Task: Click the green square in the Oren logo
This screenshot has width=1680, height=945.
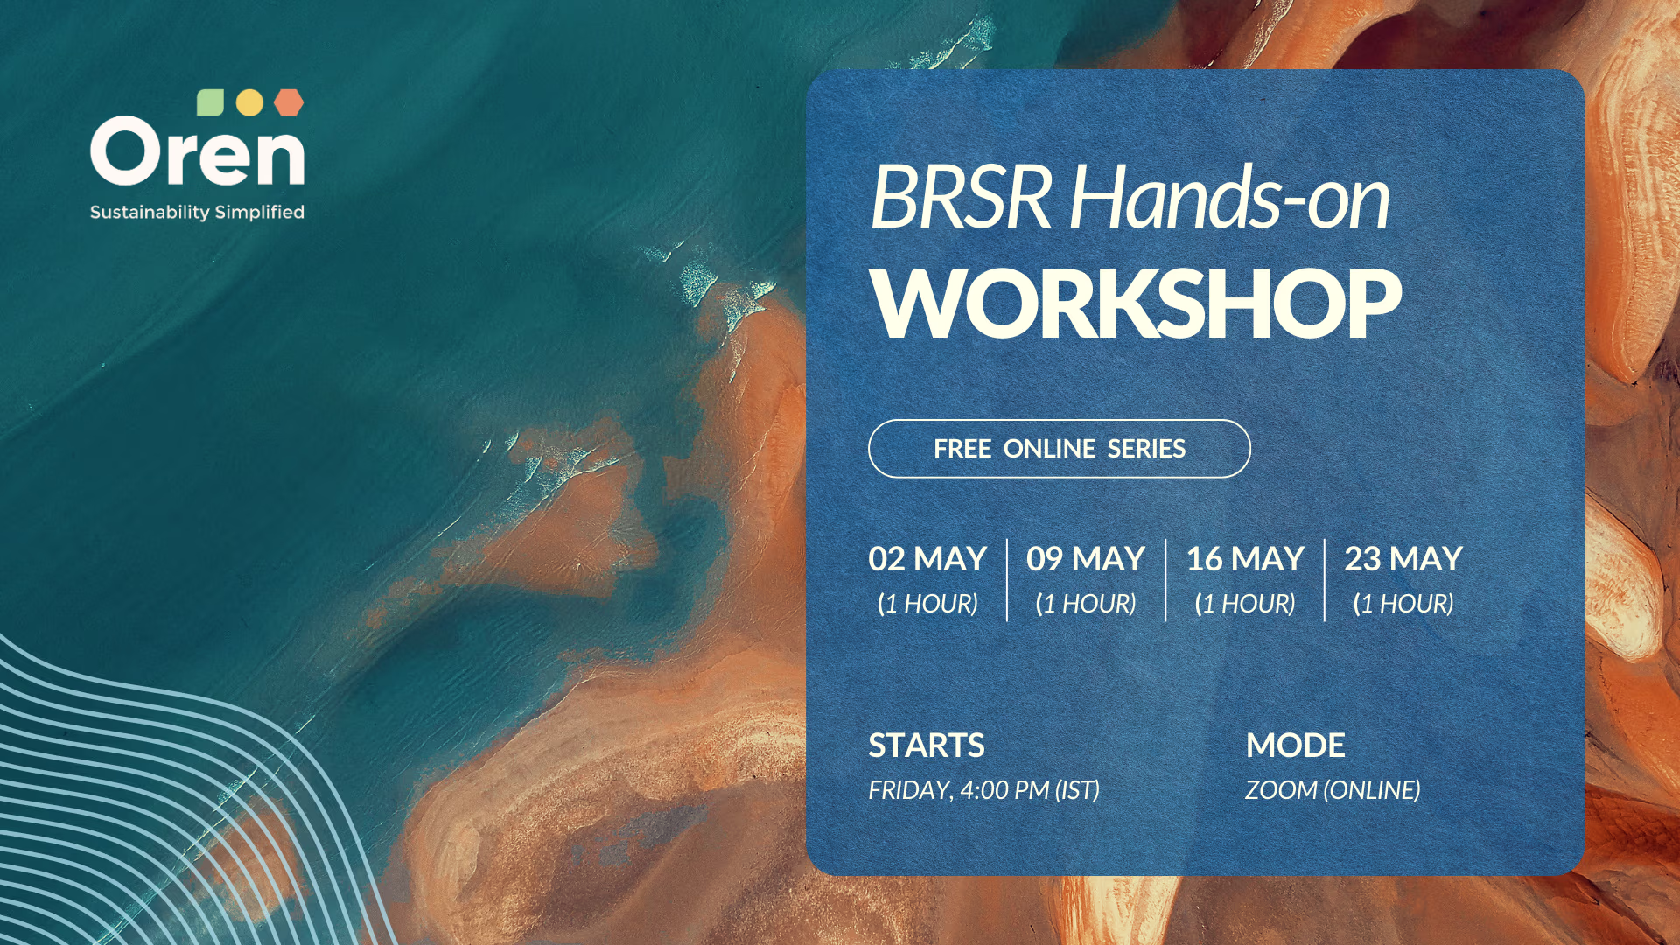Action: (x=210, y=102)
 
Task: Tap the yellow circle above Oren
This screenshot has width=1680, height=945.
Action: (x=249, y=102)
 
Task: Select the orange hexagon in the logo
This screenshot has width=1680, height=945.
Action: (x=289, y=102)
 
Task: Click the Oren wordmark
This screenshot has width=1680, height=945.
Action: (x=197, y=151)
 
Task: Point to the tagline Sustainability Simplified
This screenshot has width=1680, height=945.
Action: (x=197, y=212)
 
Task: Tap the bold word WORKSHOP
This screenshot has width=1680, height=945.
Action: (x=1136, y=303)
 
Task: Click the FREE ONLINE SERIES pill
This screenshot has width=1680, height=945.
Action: (x=1060, y=449)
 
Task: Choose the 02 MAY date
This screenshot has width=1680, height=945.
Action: (x=927, y=559)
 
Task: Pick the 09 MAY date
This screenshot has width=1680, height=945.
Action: (x=1086, y=559)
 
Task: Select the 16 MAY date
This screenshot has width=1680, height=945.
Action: (x=1245, y=559)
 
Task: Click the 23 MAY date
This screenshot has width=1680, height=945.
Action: (x=1403, y=559)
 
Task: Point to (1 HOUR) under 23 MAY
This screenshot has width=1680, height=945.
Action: (x=1403, y=604)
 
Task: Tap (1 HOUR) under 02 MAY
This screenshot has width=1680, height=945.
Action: (x=927, y=604)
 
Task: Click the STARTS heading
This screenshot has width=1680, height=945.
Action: (x=927, y=745)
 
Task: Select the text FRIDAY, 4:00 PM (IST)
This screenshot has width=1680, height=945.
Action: (x=983, y=790)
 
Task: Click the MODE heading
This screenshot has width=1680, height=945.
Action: (x=1296, y=745)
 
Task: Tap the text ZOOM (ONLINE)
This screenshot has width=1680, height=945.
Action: (x=1333, y=790)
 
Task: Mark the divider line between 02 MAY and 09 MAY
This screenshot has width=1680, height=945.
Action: (x=1007, y=580)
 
